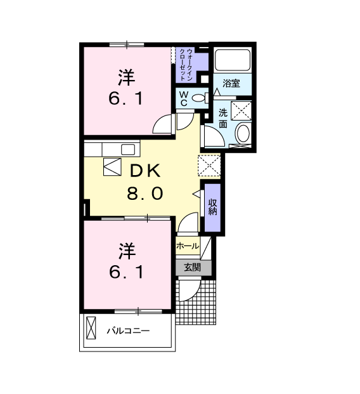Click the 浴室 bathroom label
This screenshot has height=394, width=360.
pos(231,83)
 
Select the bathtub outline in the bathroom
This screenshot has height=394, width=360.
pos(233,60)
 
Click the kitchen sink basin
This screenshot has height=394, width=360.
pos(128,150)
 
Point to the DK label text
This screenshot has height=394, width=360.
pos(145,171)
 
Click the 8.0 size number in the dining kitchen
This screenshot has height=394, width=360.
pos(145,194)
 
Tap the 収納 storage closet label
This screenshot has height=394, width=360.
pos(212,207)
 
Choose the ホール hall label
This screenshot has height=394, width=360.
pos(188,246)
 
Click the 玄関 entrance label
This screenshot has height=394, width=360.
pos(192,267)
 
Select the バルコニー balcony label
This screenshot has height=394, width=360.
pos(128,331)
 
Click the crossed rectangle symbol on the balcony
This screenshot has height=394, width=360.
pos(91,328)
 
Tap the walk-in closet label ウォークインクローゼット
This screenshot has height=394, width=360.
pos(186,64)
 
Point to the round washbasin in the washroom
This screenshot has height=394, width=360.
pos(243,133)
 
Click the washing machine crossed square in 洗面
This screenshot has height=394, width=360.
pos(241,111)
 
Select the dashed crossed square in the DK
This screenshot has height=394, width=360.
pos(209,166)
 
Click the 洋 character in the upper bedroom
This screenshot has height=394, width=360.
pos(126,77)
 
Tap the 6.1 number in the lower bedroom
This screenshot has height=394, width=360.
pos(126,272)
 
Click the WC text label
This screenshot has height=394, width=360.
pos(184,98)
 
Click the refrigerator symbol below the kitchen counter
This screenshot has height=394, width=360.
pos(112,167)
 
